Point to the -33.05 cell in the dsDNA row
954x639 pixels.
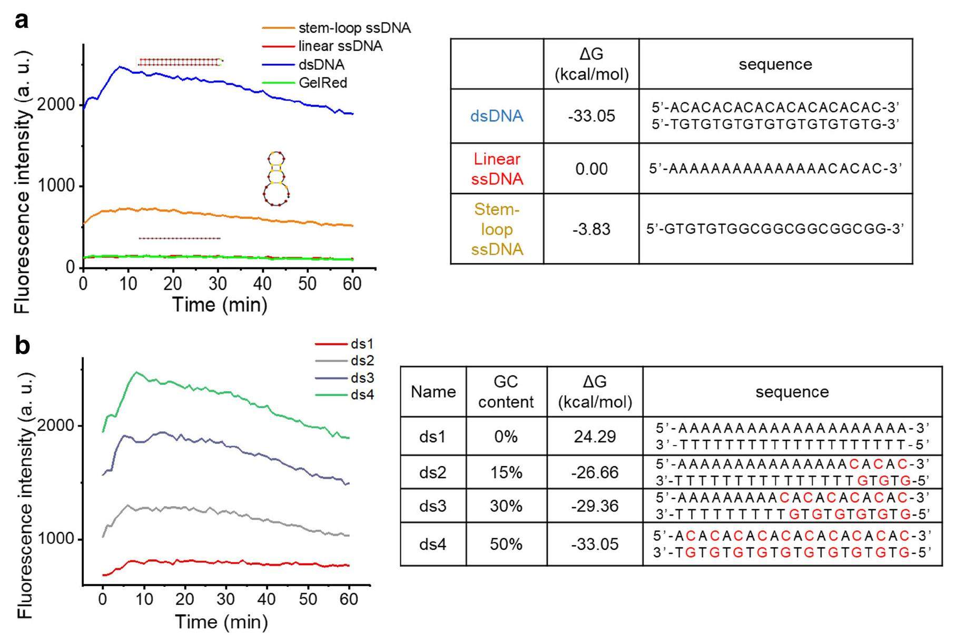click(591, 116)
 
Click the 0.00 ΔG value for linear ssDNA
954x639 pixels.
click(591, 169)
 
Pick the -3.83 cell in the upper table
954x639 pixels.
click(591, 229)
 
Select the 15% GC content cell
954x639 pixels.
click(506, 472)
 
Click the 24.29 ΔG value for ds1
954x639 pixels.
click(595, 437)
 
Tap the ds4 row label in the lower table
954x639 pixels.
click(432, 544)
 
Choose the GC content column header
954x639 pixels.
click(506, 392)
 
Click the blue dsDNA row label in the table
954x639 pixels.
click(497, 116)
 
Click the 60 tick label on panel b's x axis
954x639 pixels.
click(349, 599)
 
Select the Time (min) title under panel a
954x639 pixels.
click(220, 305)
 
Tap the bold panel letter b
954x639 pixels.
click(22, 346)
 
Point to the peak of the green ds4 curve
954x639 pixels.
click(136, 372)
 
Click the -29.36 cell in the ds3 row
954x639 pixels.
click(595, 506)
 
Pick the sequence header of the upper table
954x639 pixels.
click(775, 64)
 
